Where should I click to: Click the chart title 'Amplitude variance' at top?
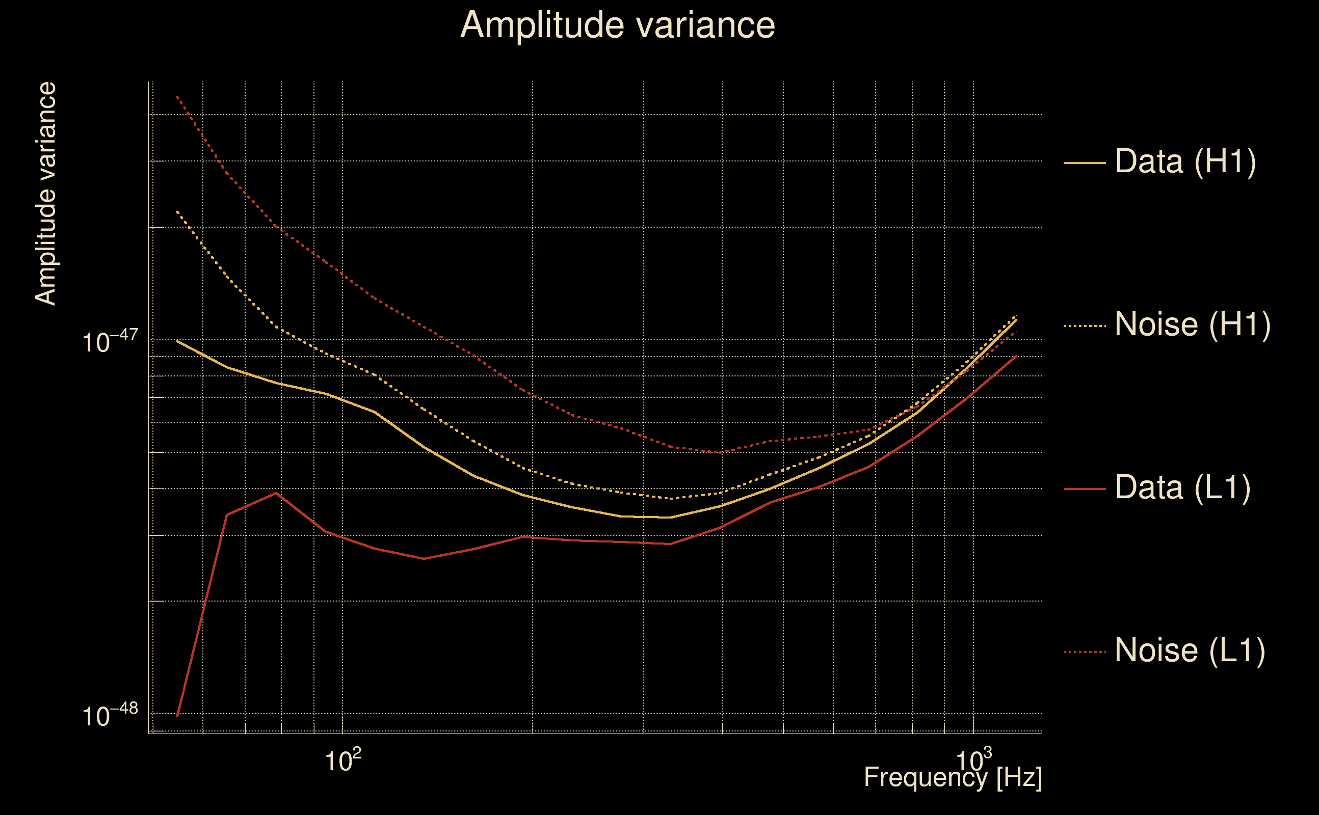pyautogui.click(x=617, y=25)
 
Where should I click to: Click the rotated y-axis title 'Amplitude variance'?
pyautogui.click(x=45, y=194)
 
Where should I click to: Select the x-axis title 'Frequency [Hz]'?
pyautogui.click(x=953, y=777)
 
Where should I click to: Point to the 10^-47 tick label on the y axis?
pyautogui.click(x=110, y=341)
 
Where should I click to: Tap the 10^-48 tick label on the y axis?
pyautogui.click(x=110, y=715)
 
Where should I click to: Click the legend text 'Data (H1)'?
pyautogui.click(x=1185, y=161)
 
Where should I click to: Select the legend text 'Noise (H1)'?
pyautogui.click(x=1192, y=324)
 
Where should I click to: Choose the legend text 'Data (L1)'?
pyautogui.click(x=1182, y=488)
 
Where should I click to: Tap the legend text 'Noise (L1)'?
pyautogui.click(x=1190, y=650)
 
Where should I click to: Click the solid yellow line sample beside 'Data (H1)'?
pyautogui.click(x=1085, y=162)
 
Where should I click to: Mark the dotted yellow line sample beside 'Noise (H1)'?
pyautogui.click(x=1085, y=326)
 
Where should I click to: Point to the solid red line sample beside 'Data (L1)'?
pyautogui.click(x=1085, y=489)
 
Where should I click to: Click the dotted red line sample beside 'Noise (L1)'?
pyautogui.click(x=1085, y=652)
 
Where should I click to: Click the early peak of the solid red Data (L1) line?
pyautogui.click(x=276, y=493)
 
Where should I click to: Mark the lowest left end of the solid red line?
pyautogui.click(x=177, y=716)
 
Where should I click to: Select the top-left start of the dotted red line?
pyautogui.click(x=177, y=96)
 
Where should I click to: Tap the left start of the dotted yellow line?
pyautogui.click(x=177, y=212)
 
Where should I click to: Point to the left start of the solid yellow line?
pyautogui.click(x=177, y=341)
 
